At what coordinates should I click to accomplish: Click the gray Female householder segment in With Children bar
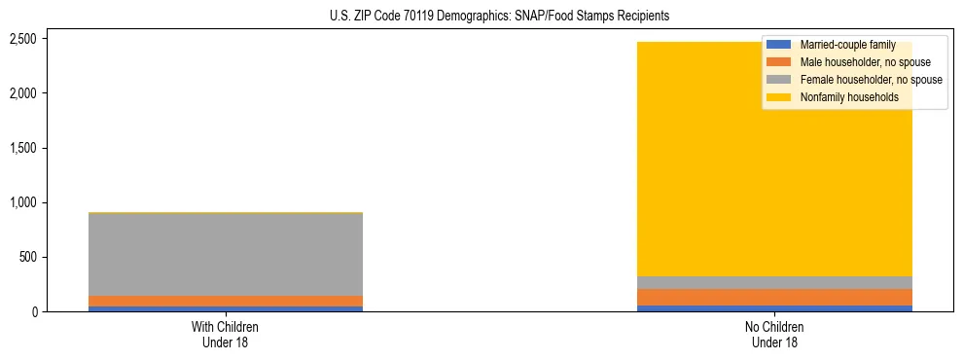tap(226, 254)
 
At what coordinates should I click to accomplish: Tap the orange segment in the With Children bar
tap(226, 301)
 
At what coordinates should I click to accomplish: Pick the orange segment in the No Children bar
tap(775, 297)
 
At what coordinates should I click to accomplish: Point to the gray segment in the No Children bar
tap(775, 282)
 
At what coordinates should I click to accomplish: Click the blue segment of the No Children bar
tap(775, 308)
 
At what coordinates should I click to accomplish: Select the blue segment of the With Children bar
tap(226, 308)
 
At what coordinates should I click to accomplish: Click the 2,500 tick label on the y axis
tap(50, 39)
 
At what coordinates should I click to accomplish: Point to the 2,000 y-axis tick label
tap(50, 93)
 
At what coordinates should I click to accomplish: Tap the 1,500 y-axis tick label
tap(50, 148)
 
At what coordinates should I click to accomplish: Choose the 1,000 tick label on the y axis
tap(50, 202)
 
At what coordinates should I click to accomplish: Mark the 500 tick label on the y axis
tap(55, 257)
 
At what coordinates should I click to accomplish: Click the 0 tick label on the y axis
tap(60, 311)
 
